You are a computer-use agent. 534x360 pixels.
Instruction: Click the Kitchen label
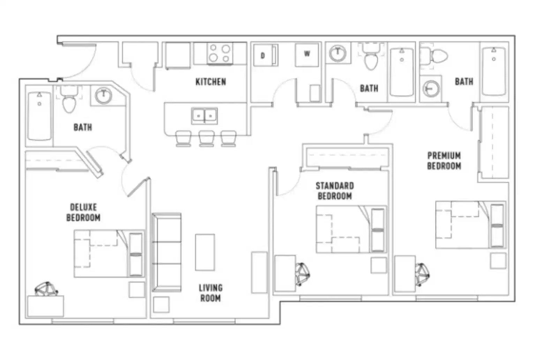point(211,82)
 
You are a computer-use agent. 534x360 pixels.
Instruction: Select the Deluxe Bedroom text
point(83,212)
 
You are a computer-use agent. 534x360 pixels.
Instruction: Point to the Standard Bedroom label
point(334,191)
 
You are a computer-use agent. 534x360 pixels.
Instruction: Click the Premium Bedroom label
point(444,160)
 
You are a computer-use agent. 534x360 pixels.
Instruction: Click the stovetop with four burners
point(220,53)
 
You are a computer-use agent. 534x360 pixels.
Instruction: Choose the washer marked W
point(307,54)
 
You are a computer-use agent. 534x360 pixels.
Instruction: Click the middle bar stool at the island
point(206,138)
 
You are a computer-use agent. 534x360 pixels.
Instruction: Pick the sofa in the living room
point(166,252)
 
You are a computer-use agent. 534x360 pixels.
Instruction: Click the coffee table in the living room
point(205,252)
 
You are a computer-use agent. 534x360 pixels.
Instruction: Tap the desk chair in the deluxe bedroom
point(46,289)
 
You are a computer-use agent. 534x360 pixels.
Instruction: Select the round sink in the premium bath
point(431,89)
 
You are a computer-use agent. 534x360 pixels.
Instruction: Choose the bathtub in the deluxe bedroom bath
point(39,116)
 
